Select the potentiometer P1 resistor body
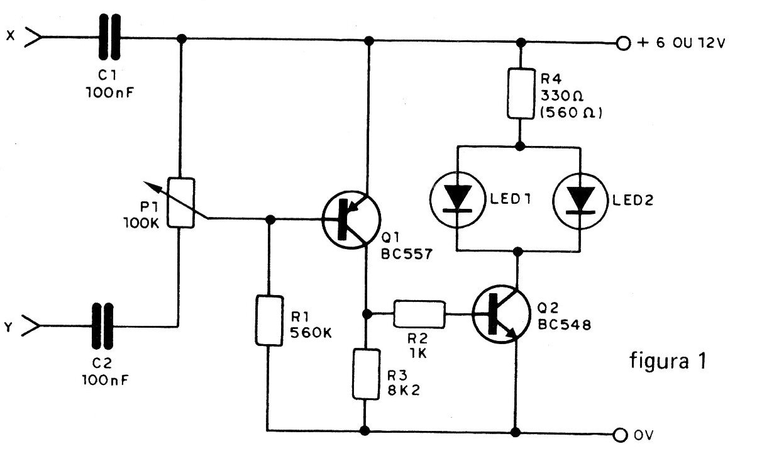(x=180, y=203)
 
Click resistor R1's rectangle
(x=268, y=320)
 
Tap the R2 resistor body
(x=420, y=314)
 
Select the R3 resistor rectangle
(x=365, y=375)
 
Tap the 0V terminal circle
(x=622, y=434)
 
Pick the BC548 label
(x=564, y=325)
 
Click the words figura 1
(x=668, y=361)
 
